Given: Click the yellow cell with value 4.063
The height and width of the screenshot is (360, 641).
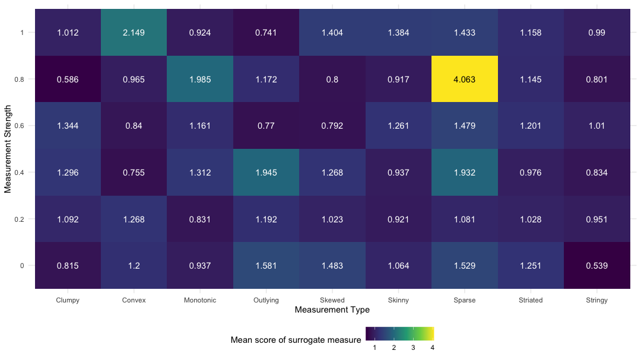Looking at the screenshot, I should (464, 79).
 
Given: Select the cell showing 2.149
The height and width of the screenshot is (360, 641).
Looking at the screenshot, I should (134, 32).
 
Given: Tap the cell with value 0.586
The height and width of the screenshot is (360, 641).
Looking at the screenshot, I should (68, 79).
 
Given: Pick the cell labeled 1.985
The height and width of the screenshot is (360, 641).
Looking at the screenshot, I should (200, 79).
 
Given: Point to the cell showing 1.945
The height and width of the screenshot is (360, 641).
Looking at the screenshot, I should (266, 173).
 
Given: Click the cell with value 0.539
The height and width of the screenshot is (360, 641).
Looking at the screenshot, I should (596, 266).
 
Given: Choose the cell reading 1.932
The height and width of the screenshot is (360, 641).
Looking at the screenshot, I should (464, 173).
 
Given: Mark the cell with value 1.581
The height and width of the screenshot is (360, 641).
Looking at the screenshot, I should (266, 266).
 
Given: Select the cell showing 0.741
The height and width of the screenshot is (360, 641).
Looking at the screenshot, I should (266, 32).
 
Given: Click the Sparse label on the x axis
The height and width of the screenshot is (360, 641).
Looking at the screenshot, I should (464, 300).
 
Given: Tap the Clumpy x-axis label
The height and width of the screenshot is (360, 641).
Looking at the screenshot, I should (68, 300).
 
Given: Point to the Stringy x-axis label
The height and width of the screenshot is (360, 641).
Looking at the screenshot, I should (596, 300).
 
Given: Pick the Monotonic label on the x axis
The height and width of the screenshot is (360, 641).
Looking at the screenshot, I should (200, 300).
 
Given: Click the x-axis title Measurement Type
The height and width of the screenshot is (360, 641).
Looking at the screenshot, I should (332, 310).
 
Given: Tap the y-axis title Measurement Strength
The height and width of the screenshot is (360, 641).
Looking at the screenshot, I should (8, 149).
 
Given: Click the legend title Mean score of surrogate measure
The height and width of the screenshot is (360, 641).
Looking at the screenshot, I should (296, 340).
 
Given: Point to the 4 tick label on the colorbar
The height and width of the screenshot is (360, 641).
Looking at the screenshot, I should (432, 348).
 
